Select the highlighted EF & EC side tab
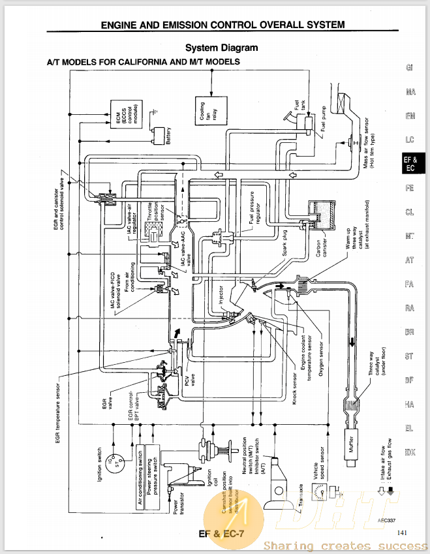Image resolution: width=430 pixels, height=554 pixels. pos(410,163)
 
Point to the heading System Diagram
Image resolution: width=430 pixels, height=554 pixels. pos(221,48)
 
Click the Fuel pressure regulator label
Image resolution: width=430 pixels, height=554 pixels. pos(255,208)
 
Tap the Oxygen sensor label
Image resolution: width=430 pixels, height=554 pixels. pos(321,360)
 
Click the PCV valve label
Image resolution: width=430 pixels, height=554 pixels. pos(190,378)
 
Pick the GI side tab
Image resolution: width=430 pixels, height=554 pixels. pos(409,67)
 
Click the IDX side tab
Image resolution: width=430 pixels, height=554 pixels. pos(409,452)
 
